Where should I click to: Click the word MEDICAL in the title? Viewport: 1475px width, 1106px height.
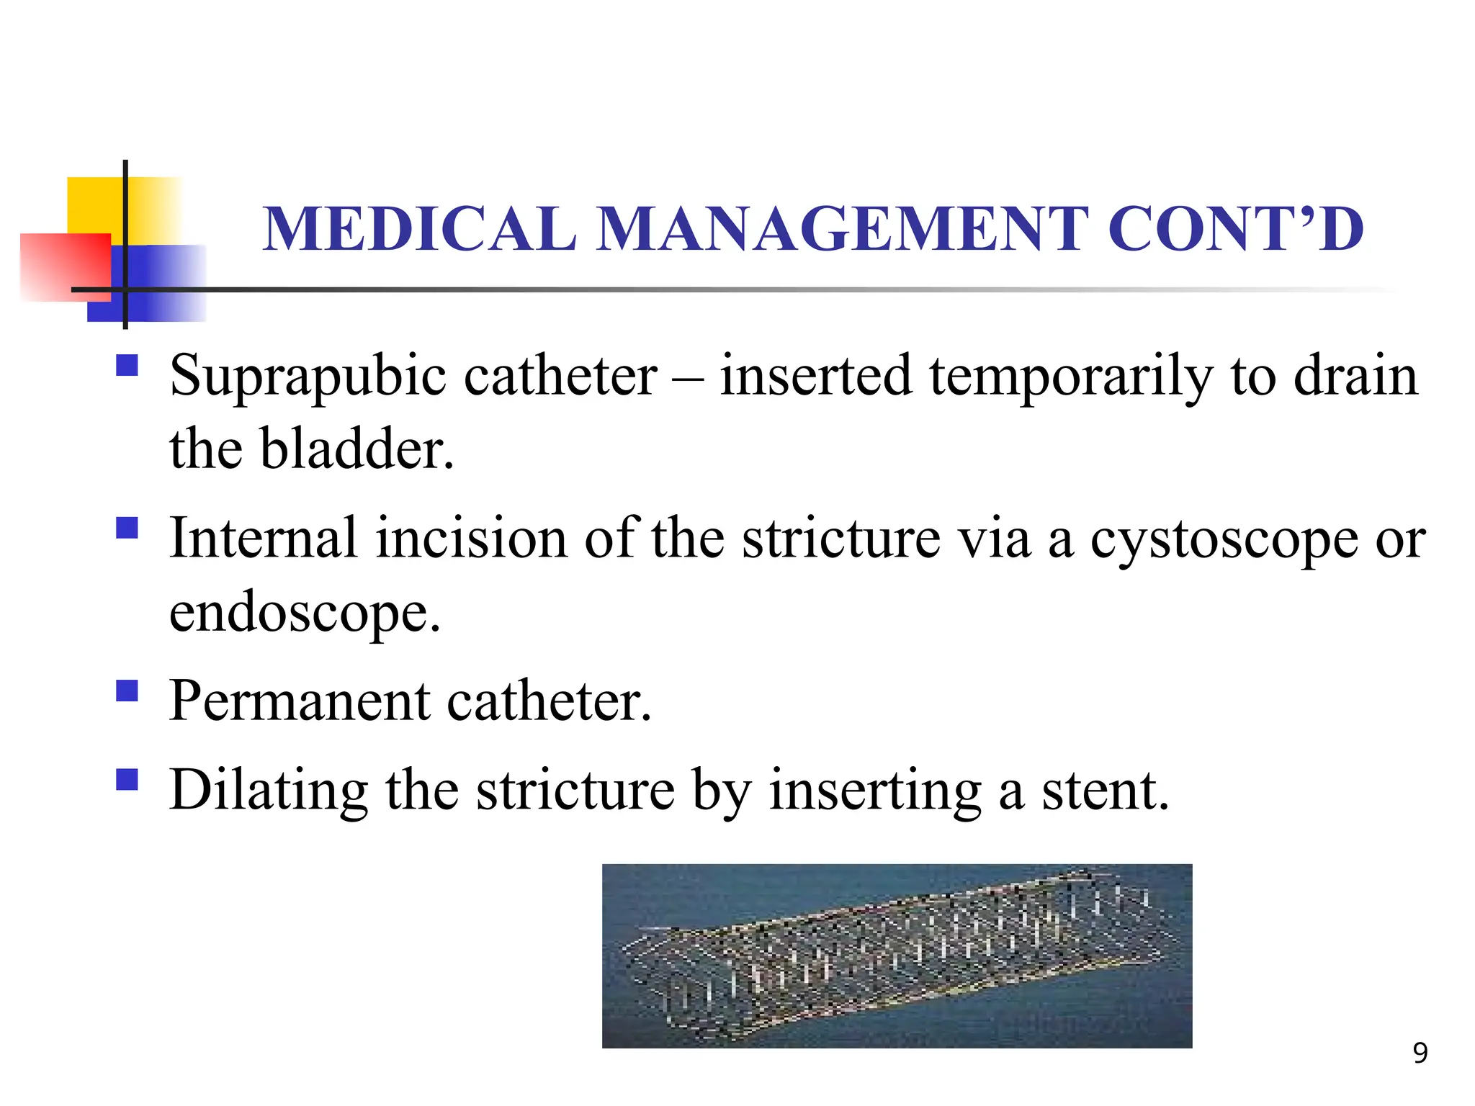(420, 229)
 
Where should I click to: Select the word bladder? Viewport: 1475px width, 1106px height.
(357, 449)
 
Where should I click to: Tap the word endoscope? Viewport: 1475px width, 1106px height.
(304, 613)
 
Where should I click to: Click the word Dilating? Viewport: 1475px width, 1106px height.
(269, 791)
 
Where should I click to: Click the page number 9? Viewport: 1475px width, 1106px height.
(1420, 1053)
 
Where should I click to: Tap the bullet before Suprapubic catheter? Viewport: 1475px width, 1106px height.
(127, 366)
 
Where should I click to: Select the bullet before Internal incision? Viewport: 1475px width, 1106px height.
(127, 529)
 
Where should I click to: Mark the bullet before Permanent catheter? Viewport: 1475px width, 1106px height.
(127, 691)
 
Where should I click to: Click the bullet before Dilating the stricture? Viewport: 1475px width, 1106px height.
(127, 780)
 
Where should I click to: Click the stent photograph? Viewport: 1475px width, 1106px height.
(897, 956)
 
